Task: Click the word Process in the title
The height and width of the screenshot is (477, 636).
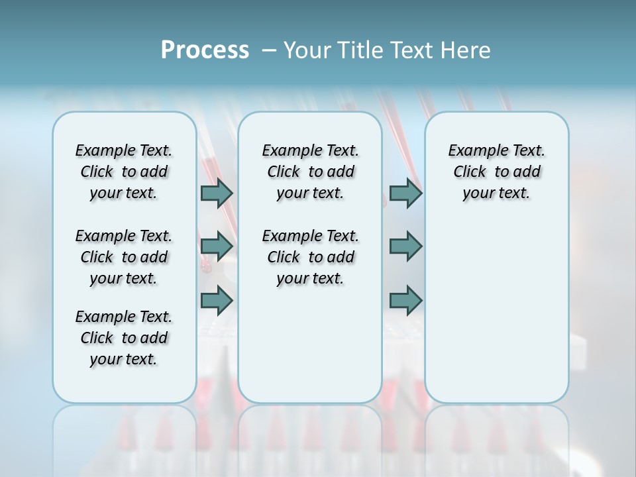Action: pos(205,50)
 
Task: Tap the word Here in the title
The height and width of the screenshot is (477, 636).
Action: pos(466,50)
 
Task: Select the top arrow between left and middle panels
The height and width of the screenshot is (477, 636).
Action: pos(217,193)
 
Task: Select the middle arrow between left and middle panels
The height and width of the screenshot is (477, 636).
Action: pos(217,246)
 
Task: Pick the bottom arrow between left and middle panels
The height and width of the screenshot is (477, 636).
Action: pos(217,300)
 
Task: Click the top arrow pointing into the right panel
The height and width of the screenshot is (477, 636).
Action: pos(405,193)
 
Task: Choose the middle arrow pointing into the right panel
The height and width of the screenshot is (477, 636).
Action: pos(405,246)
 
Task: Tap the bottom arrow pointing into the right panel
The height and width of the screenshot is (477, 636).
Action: pos(405,300)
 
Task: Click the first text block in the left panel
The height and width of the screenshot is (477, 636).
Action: pos(124,172)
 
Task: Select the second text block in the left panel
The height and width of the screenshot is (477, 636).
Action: pos(124,257)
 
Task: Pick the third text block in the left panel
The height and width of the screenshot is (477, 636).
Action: pos(124,338)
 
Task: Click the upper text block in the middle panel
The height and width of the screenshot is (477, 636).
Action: pos(310,172)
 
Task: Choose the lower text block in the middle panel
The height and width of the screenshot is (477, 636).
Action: pos(310,257)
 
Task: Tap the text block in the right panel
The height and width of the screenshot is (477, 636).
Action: pos(496,172)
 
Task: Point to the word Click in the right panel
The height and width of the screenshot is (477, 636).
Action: pos(470,172)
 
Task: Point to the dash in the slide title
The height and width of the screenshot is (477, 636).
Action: pos(269,50)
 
